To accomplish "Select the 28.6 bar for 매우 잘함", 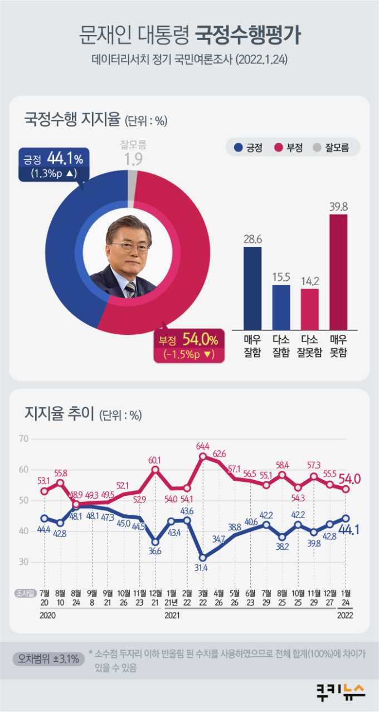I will click(x=252, y=287).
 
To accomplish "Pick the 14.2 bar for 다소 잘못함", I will click(x=310, y=309).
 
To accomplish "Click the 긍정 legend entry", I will click(x=249, y=148).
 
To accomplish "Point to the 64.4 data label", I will click(x=203, y=446).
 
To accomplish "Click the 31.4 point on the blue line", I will click(x=203, y=557).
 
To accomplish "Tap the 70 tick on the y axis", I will click(x=23, y=439).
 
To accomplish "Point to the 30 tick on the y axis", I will click(x=23, y=562).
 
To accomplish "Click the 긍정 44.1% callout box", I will click(x=54, y=165).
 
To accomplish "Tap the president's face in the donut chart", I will click(x=129, y=244).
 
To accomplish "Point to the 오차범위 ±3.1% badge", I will click(x=48, y=659).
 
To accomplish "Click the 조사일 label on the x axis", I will click(x=25, y=592).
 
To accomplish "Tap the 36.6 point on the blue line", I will click(x=156, y=542).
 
